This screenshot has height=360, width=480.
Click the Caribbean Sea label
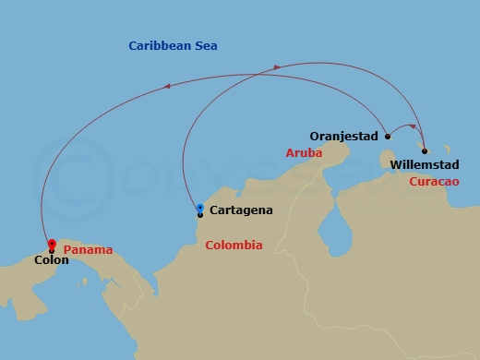[173, 45]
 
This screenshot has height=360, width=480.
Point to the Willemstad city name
[425, 166]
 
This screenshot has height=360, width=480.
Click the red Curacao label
[433, 182]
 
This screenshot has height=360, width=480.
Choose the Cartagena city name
[241, 210]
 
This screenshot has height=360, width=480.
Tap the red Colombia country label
[234, 246]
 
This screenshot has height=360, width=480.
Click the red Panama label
[88, 249]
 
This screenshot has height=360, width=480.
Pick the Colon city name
[51, 261]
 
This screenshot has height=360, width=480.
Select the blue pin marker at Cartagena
[200, 209]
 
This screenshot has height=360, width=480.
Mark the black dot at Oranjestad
[388, 137]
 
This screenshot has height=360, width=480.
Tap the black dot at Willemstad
[424, 150]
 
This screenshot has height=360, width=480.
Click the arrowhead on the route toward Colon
[166, 86]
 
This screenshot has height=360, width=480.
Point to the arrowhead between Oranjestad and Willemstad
[409, 126]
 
